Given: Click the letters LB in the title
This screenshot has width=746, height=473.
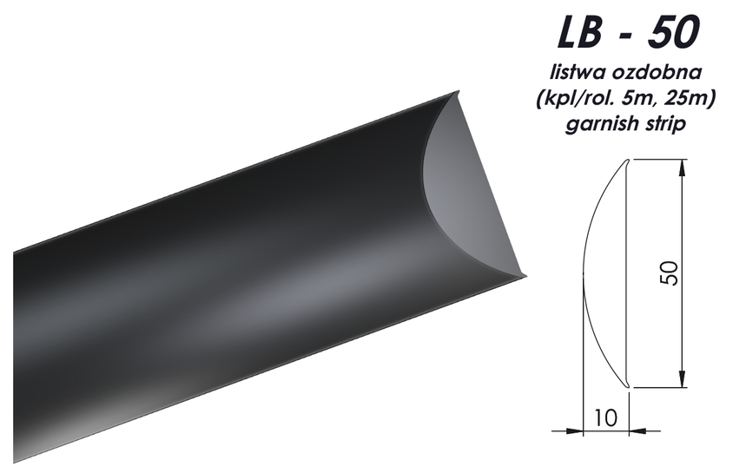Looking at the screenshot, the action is pos(578,31).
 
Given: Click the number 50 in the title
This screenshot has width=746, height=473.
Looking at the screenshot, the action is pos(673,31).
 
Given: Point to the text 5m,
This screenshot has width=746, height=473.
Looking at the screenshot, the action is pos(634,98).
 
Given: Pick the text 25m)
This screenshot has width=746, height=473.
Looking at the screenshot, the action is pos(687,98).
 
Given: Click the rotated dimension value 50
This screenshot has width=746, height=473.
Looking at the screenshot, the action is pos(670,273).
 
